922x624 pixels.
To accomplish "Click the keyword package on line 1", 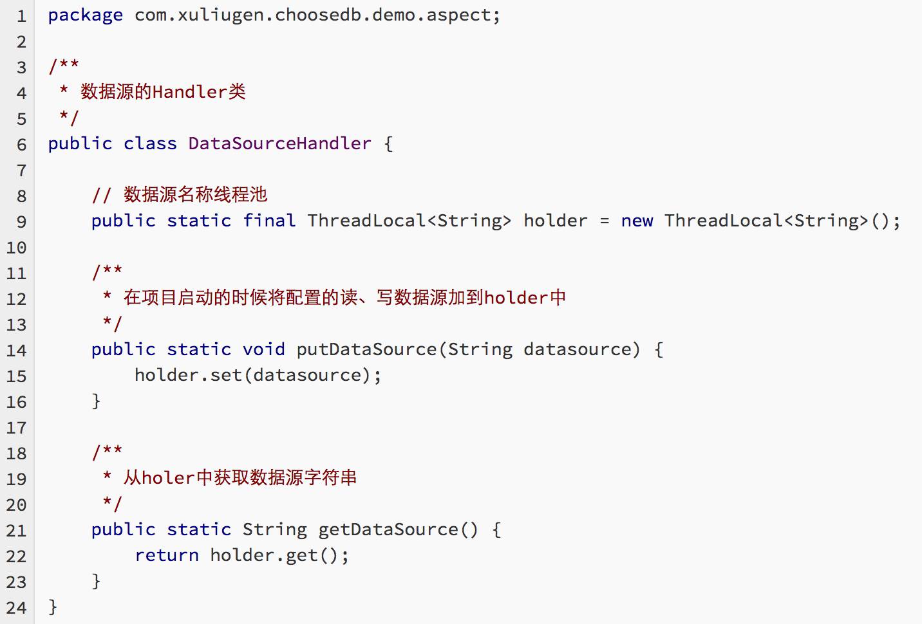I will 85,15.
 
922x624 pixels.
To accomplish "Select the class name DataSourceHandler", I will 279,143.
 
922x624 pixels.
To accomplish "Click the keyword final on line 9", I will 269,221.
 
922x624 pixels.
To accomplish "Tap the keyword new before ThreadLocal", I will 637,221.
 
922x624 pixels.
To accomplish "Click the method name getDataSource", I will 388,529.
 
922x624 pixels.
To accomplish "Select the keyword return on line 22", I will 167,555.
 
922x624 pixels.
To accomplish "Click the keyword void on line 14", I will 263,349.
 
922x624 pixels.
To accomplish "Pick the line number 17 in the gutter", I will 17,428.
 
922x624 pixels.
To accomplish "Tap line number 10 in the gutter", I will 17,248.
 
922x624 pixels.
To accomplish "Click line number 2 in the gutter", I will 21,42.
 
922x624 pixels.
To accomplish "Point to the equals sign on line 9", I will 604,221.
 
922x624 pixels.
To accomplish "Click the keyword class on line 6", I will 150,143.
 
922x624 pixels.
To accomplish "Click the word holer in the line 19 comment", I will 168,478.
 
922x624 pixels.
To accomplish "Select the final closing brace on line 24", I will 53,607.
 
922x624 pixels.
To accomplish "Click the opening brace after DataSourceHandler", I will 388,143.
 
